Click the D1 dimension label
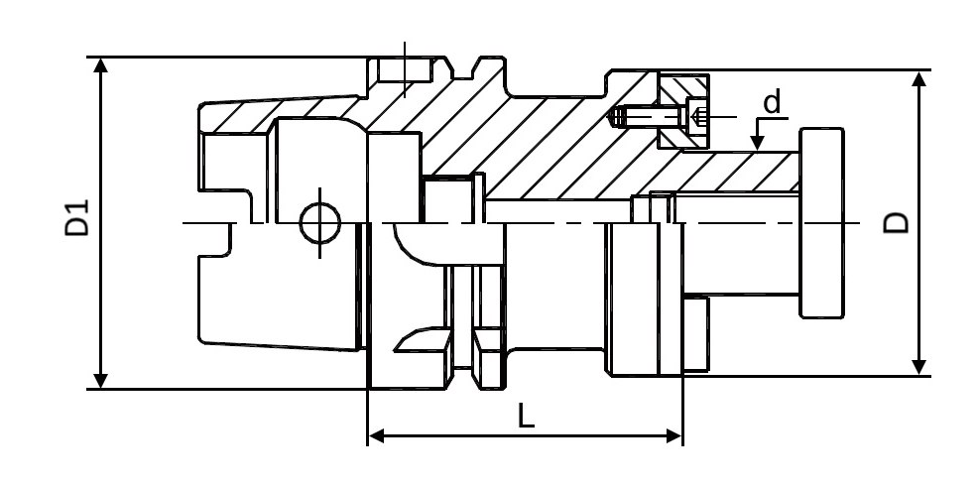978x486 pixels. tap(77, 218)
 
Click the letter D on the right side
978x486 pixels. tap(897, 223)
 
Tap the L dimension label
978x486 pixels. tap(526, 416)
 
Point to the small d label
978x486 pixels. tap(772, 101)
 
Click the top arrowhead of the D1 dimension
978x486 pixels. tap(100, 65)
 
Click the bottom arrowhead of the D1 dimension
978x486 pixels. tap(100, 380)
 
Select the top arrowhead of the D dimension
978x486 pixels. tap(918, 79)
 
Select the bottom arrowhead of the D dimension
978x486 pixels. tap(918, 367)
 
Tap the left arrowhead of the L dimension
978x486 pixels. tap(376, 436)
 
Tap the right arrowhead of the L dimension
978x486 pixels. tap(674, 436)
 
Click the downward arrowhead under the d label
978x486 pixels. tap(757, 143)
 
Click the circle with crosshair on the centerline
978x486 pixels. tap(320, 223)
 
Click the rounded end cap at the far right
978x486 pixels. tap(822, 223)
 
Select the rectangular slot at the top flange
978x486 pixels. tap(405, 69)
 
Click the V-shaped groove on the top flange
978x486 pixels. tap(462, 67)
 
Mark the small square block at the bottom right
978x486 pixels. tap(696, 334)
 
